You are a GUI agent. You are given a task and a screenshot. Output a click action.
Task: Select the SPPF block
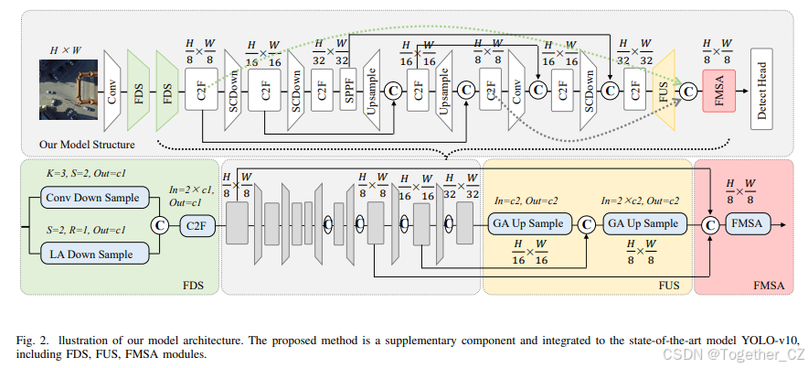click(x=348, y=90)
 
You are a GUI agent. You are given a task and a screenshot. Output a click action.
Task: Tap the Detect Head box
click(x=766, y=90)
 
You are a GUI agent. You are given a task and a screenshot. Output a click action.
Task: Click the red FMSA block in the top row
click(x=719, y=90)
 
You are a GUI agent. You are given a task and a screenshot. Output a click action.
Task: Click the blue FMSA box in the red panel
click(x=748, y=223)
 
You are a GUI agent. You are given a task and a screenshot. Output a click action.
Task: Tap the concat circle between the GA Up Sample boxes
click(x=586, y=223)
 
